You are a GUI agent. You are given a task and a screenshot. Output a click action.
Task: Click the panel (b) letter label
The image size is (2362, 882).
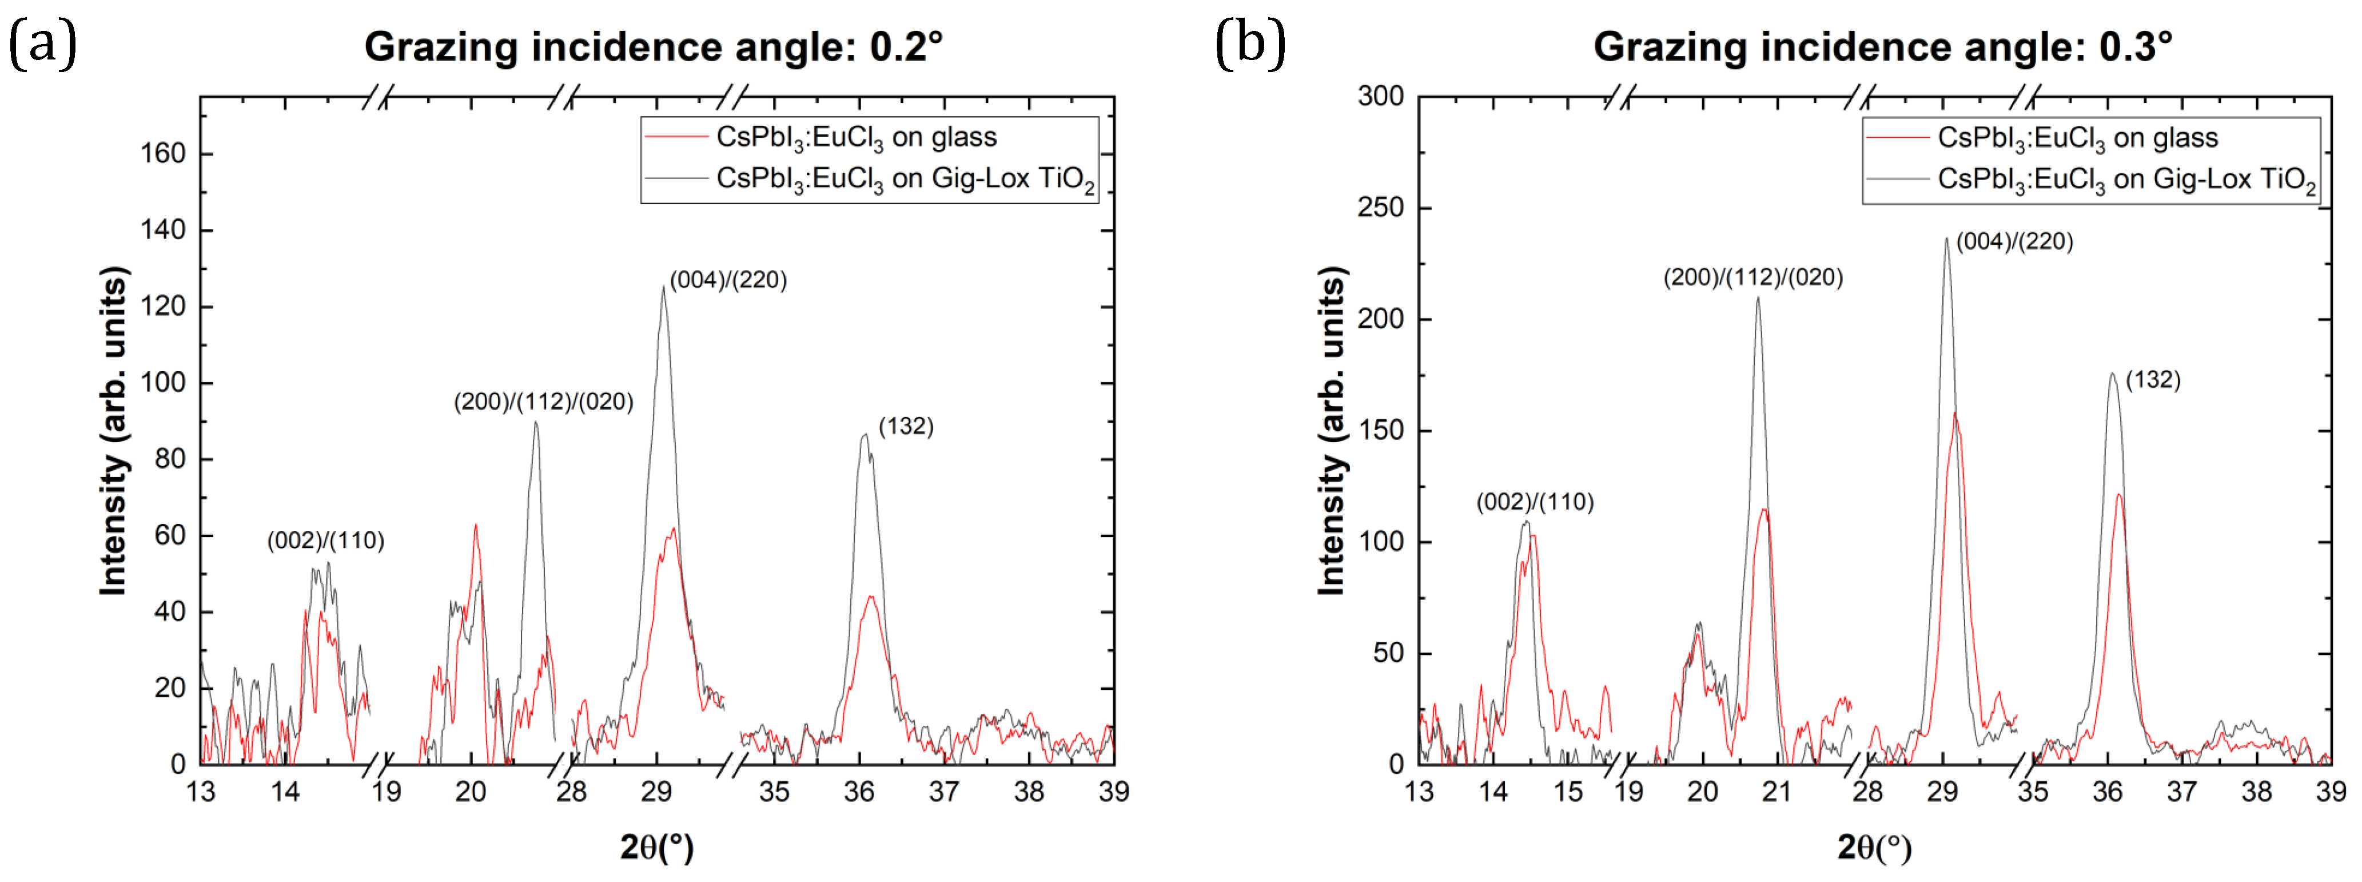1250,44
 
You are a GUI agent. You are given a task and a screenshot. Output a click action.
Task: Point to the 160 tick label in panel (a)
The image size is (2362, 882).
162,153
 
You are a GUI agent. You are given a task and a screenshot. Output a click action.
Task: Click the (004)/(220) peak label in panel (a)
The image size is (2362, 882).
728,280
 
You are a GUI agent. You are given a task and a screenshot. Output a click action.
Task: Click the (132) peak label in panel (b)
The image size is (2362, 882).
2152,380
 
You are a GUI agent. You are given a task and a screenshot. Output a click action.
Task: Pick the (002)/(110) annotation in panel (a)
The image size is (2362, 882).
325,540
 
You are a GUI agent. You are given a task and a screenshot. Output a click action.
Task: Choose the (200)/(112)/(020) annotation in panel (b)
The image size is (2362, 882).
1752,277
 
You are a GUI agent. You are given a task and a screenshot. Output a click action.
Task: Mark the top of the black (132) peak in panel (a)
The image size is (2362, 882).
864,435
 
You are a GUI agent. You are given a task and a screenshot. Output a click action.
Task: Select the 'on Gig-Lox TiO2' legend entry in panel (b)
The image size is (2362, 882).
2125,179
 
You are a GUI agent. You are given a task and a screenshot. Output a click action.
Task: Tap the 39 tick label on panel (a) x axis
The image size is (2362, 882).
1113,791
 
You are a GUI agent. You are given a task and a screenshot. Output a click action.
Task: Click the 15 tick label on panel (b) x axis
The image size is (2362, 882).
1568,791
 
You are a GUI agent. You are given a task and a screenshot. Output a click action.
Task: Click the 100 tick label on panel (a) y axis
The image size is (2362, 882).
162,382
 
